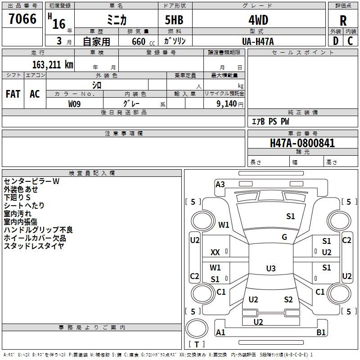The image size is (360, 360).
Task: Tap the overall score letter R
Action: pyautogui.click(x=343, y=20)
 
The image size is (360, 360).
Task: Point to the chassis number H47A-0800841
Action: pyautogui.click(x=302, y=143)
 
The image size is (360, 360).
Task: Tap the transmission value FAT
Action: pyautogui.click(x=13, y=94)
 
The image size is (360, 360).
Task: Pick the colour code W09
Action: pyautogui.click(x=75, y=104)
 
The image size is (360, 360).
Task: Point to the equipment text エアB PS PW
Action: pyautogui.click(x=270, y=121)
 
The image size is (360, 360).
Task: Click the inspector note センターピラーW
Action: pyautogui.click(x=31, y=181)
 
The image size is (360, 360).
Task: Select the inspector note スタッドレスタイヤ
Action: pyautogui.click(x=34, y=246)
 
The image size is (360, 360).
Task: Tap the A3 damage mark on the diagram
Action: pyautogui.click(x=220, y=184)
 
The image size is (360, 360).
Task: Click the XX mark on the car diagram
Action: pyautogui.click(x=215, y=252)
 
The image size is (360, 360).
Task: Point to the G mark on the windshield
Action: pyautogui.click(x=284, y=237)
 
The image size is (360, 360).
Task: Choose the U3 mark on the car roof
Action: pyautogui.click(x=270, y=269)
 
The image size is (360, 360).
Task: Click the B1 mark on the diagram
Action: pyautogui.click(x=321, y=333)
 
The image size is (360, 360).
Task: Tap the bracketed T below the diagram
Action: pyautogui.click(x=197, y=344)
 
